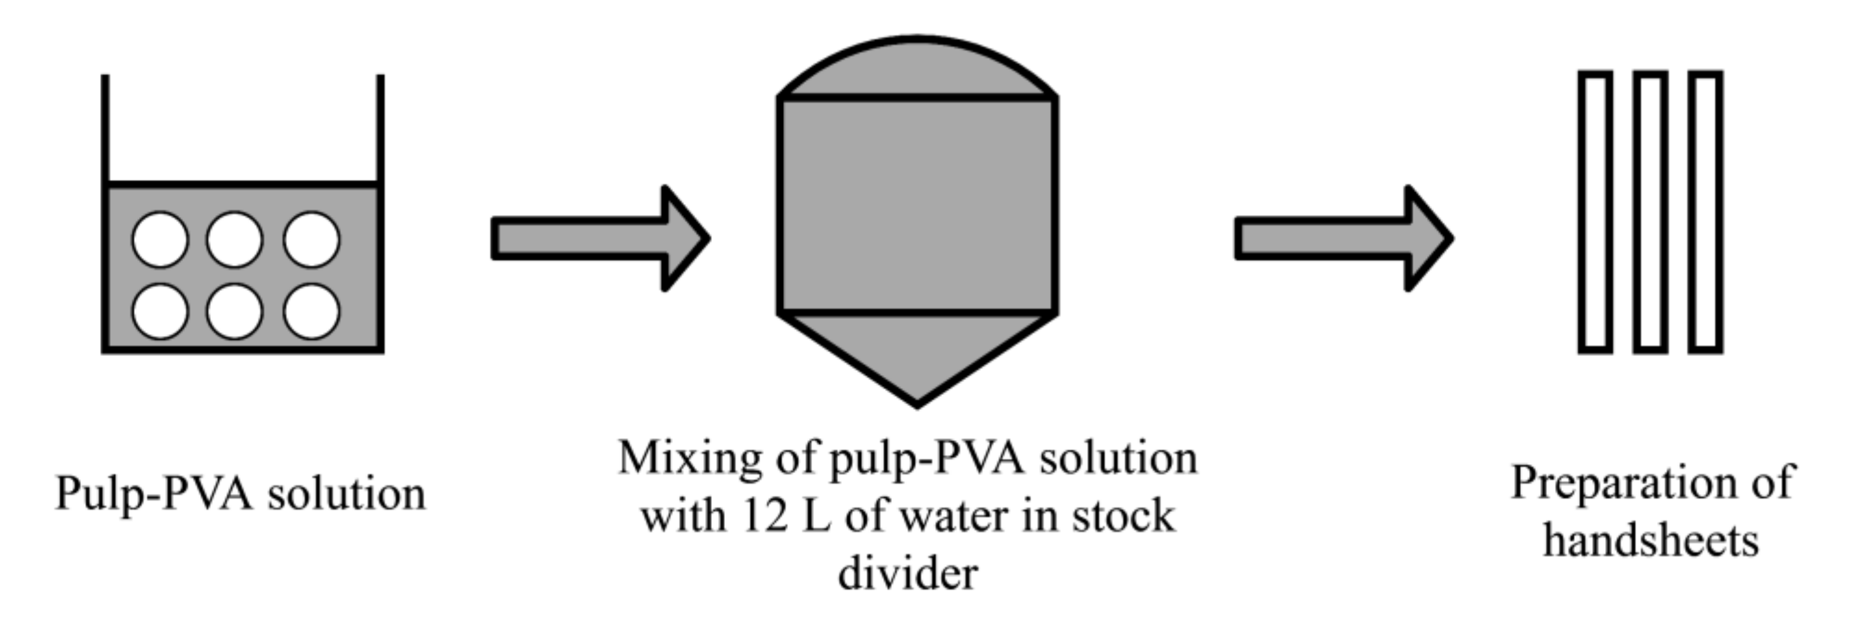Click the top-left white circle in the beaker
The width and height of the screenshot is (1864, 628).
point(160,239)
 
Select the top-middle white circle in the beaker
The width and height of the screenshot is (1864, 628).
point(234,239)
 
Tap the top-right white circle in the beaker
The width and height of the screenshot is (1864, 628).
point(311,239)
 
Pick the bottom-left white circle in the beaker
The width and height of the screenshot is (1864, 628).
point(160,311)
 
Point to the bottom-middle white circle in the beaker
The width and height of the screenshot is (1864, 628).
point(234,311)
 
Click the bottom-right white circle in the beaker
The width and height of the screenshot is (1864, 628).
point(311,311)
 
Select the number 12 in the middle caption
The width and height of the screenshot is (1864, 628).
point(764,517)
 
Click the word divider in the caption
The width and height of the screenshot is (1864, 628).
point(908,574)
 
